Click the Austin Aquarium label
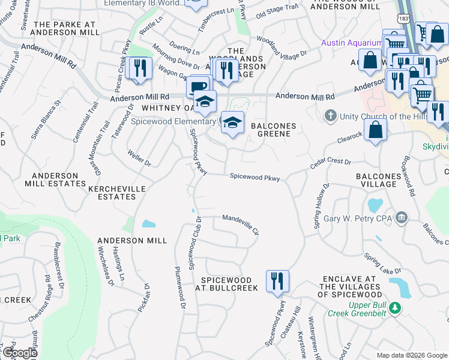point(351,43)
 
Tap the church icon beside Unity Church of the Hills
point(330,115)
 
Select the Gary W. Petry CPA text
point(357,218)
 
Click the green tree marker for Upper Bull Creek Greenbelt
point(394,308)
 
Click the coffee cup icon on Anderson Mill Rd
point(197,86)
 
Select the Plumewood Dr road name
point(178,287)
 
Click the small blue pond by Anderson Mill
point(148,224)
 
